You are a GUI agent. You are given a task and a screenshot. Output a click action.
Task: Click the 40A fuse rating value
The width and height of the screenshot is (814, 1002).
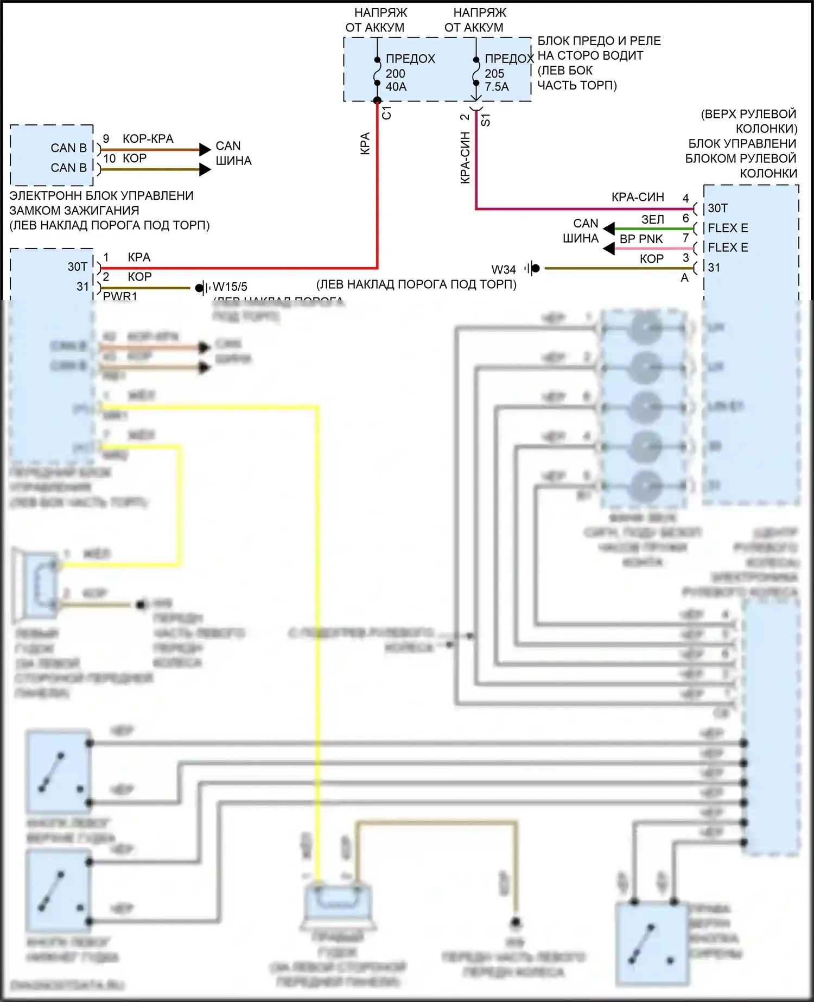396,87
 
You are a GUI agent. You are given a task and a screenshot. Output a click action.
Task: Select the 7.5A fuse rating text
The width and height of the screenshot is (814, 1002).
497,87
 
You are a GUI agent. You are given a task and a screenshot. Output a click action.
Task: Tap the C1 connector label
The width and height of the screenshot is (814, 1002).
386,113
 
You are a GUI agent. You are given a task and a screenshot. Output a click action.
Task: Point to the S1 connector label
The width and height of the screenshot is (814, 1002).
486,120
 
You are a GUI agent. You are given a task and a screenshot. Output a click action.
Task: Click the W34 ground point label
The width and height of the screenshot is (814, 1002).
504,269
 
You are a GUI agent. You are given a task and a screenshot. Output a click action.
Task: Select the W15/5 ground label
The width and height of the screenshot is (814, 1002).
230,287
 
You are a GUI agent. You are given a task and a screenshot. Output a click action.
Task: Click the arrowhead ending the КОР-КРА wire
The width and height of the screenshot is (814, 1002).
205,149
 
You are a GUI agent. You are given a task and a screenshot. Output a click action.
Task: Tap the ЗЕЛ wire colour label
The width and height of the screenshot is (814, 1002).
653,219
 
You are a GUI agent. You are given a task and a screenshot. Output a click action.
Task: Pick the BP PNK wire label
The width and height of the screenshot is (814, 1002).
641,239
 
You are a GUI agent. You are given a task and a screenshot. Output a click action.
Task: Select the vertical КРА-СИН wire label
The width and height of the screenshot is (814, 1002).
465,157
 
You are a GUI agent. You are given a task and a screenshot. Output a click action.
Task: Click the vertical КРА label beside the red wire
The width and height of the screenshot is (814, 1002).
365,143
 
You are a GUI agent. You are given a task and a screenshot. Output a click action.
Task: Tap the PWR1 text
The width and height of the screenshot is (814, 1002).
120,296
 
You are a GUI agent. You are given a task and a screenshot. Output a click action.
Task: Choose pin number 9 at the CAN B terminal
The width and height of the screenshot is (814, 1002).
106,139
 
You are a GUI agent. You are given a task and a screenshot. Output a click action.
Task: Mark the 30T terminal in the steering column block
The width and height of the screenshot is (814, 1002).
717,208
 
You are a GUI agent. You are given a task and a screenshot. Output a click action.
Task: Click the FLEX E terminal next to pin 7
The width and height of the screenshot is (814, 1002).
728,248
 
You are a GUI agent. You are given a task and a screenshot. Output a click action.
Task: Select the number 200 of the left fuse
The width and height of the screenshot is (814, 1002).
396,73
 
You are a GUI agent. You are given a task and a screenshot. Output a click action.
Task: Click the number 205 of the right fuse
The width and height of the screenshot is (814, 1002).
494,73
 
